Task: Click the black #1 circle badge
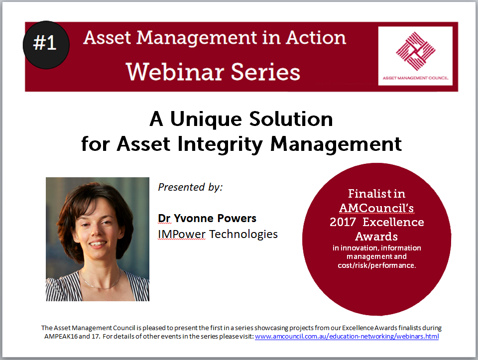click(46, 44)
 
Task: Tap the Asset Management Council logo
click(415, 55)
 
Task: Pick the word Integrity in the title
click(225, 144)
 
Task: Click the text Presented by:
click(190, 187)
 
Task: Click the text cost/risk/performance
click(376, 265)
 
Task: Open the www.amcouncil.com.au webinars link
click(347, 337)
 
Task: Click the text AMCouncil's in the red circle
click(376, 207)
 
